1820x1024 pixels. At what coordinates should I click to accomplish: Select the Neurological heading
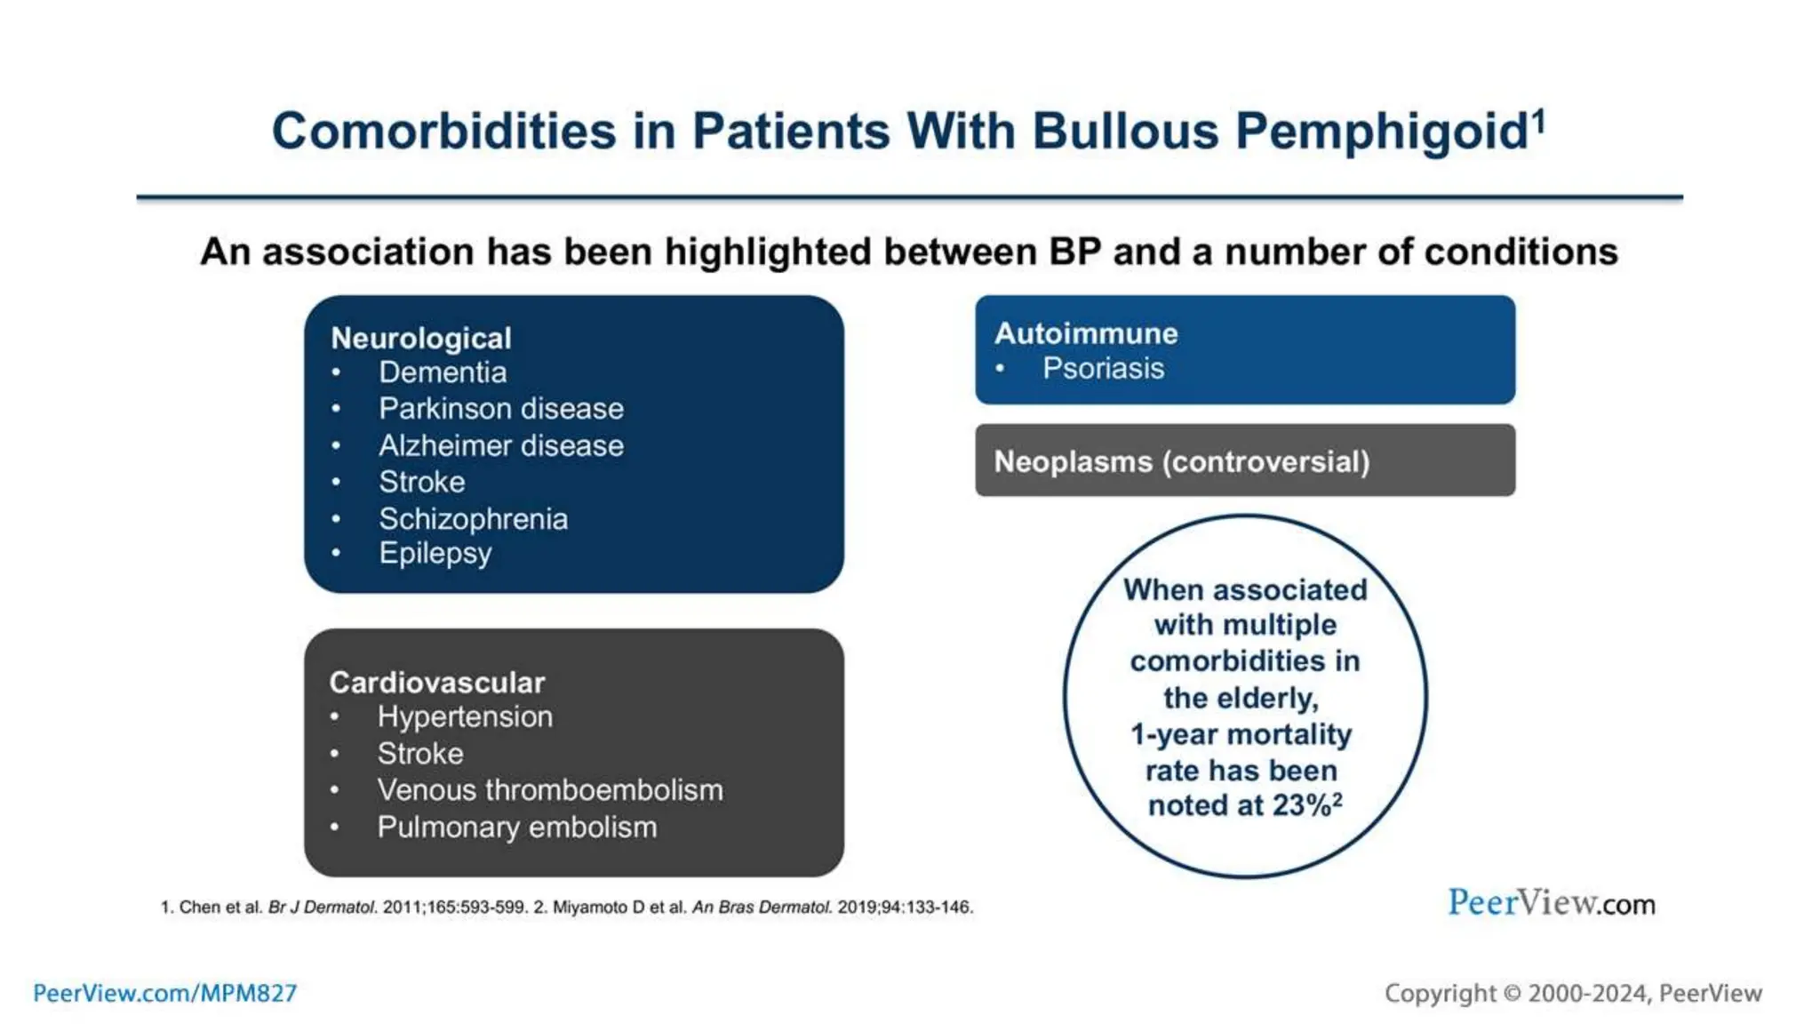coord(420,338)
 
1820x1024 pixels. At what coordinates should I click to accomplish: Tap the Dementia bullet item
coord(443,372)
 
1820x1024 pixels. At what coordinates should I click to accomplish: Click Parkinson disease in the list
coord(500,409)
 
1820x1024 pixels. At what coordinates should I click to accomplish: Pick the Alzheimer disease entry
coord(500,445)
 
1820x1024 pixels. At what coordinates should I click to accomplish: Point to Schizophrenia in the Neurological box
coord(473,519)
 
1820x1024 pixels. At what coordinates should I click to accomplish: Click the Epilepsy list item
coord(435,554)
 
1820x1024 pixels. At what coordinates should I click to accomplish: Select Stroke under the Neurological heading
coord(421,482)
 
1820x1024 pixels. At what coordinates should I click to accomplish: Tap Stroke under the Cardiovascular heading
coord(419,754)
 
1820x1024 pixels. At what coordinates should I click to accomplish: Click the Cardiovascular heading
coord(436,682)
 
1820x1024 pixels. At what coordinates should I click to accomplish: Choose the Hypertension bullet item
coord(464,716)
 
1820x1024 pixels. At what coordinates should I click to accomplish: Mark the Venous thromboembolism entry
coord(549,790)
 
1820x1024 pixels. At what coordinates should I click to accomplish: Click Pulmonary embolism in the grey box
coord(516,828)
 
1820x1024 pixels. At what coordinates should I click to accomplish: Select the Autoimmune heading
coord(1085,333)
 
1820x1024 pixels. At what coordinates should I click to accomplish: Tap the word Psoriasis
coord(1103,369)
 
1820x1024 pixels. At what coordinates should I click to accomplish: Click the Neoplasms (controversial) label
coord(1181,462)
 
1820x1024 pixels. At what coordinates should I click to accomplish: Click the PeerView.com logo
coord(1551,903)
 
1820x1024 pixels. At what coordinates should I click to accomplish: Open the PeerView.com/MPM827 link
coord(165,993)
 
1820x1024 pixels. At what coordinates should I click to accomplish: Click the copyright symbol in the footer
coord(1512,994)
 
